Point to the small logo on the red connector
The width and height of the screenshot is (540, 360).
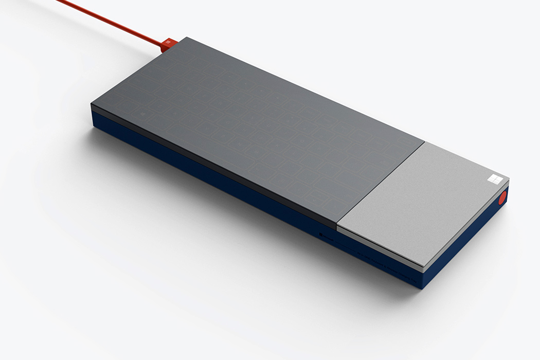pyautogui.click(x=167, y=41)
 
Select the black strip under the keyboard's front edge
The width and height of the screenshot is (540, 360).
pyautogui.click(x=206, y=165)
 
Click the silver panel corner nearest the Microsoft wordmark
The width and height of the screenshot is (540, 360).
pyautogui.click(x=338, y=227)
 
